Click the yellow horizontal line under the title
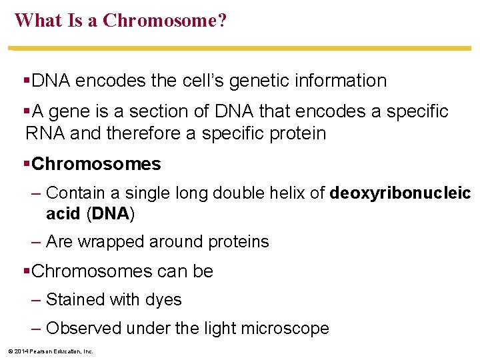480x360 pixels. pyautogui.click(x=240, y=49)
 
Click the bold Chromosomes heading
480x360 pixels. pyautogui.click(x=96, y=164)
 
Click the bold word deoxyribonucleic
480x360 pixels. pyautogui.click(x=400, y=193)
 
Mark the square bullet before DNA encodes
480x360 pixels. pyautogui.click(x=27, y=81)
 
